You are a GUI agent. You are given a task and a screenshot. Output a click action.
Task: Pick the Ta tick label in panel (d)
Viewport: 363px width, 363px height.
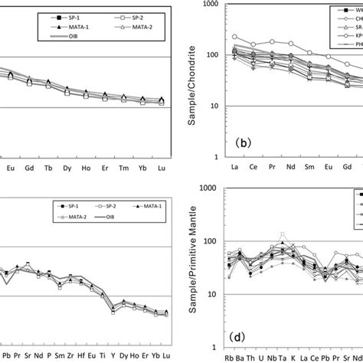coord(283,356)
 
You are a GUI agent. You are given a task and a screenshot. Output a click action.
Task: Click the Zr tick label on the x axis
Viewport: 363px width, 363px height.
coord(57,357)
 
